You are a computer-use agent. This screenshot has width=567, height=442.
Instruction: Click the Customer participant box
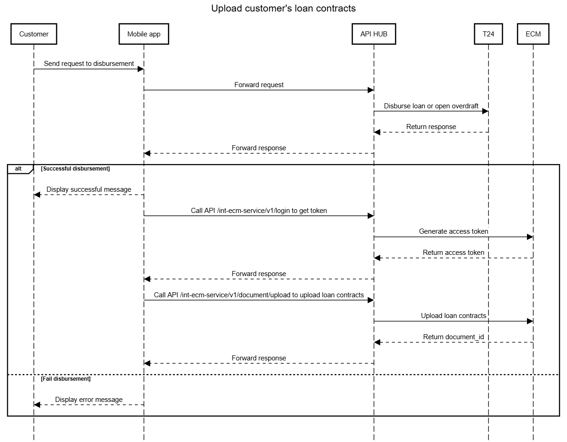tap(34, 34)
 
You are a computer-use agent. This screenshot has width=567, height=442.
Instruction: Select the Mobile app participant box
tap(144, 34)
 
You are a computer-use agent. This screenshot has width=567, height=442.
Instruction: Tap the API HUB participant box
tap(374, 34)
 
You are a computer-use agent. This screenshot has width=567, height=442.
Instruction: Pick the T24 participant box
tap(488, 34)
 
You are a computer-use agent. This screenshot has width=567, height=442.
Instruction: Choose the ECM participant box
tap(533, 34)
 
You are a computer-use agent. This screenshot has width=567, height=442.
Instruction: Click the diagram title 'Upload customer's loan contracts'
tap(283, 8)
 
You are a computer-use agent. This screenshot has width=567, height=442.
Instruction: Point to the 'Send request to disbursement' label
tap(89, 64)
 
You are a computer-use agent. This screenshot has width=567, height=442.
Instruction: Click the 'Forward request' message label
tap(259, 85)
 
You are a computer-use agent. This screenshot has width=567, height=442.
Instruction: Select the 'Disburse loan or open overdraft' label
tap(431, 106)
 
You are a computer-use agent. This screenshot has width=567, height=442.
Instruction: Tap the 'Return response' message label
tap(431, 127)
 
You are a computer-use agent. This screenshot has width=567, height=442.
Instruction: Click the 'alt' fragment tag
tap(18, 169)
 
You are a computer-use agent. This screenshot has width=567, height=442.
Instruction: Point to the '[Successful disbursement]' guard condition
tap(75, 169)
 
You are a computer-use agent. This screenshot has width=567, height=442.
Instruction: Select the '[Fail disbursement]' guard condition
tap(65, 379)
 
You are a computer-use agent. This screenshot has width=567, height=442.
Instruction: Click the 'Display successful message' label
tap(89, 189)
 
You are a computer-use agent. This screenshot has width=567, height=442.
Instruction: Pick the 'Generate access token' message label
tap(453, 231)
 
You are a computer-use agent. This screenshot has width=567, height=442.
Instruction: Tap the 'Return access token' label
tap(453, 253)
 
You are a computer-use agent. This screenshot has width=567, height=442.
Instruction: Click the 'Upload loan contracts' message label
tap(453, 316)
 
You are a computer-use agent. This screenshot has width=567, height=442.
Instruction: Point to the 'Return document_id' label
tap(453, 337)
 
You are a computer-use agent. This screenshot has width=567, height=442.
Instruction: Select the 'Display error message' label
tap(89, 400)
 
